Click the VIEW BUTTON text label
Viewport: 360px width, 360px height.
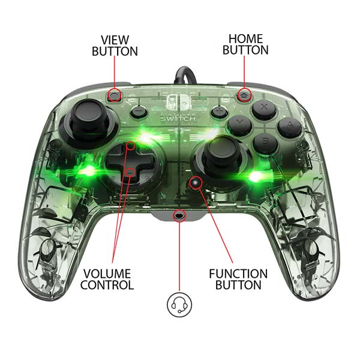(115, 46)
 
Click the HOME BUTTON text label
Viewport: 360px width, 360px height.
(245, 44)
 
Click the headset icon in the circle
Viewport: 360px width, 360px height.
(179, 304)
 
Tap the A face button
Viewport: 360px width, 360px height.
(289, 127)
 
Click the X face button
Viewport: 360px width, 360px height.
(263, 109)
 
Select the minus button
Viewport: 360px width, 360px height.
(139, 111)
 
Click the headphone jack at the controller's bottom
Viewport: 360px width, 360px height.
(179, 214)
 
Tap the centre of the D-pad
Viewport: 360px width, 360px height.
(131, 159)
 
